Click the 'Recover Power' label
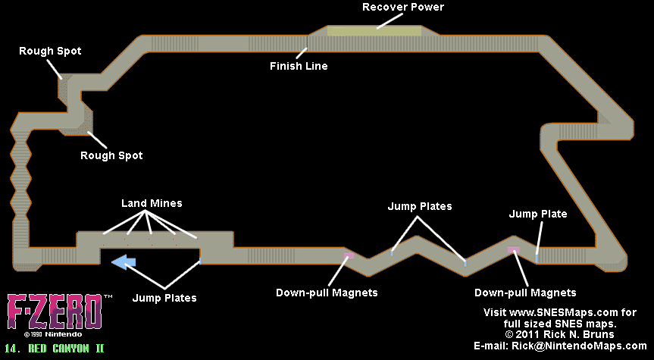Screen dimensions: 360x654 point(402,8)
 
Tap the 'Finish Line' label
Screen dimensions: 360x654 point(299,66)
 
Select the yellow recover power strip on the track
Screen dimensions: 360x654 point(374,31)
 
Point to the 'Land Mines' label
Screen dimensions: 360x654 point(152,204)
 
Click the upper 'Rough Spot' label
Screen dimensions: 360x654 point(50,51)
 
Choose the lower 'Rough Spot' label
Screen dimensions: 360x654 point(111,155)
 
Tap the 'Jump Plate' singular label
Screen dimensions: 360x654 point(538,214)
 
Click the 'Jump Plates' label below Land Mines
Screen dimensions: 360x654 point(164,298)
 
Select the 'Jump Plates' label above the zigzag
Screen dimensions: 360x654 point(420,206)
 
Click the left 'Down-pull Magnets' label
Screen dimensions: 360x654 point(327,292)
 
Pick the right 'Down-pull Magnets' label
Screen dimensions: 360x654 point(525,292)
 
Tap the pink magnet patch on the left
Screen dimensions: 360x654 point(348,255)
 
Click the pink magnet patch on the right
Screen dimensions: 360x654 point(513,249)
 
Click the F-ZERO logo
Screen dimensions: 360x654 point(54,311)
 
